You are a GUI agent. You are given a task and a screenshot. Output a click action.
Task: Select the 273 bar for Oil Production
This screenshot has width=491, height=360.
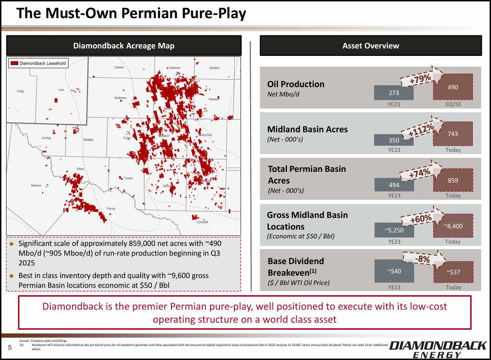[x=394, y=93]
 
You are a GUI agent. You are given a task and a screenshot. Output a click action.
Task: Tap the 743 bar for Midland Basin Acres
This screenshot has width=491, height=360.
[x=453, y=134]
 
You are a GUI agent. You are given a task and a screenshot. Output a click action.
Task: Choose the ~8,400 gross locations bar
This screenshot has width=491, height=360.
[x=453, y=226]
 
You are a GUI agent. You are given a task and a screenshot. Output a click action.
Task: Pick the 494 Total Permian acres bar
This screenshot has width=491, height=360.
[x=394, y=185]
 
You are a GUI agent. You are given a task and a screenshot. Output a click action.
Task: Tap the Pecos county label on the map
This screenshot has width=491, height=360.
[x=111, y=208]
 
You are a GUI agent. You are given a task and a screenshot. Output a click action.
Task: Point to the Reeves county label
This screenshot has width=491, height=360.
[x=36, y=185]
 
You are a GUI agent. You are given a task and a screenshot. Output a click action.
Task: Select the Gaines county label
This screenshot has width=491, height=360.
[x=119, y=68]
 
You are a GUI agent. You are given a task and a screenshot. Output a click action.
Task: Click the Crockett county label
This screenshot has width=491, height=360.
[x=202, y=222]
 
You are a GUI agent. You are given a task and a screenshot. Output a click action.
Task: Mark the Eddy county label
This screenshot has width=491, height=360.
[x=20, y=91]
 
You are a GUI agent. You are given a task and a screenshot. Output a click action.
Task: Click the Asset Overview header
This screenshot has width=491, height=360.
[x=370, y=46]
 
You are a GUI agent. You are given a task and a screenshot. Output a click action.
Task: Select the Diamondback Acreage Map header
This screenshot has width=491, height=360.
[x=123, y=46]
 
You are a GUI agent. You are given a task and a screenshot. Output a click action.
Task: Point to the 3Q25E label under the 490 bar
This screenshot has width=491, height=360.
[x=453, y=104]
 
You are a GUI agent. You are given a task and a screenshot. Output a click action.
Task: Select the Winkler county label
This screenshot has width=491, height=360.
[x=88, y=140]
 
